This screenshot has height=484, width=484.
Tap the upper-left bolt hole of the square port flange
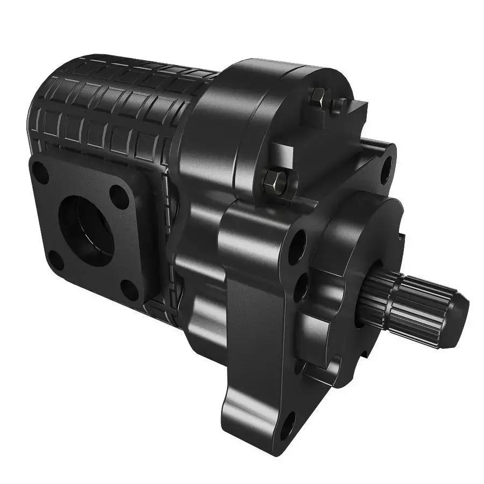(x=40, y=172)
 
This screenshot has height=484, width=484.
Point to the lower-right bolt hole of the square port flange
(x=129, y=289)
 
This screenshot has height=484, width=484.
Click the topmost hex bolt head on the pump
(x=317, y=98)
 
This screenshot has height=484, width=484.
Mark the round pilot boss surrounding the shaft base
(x=371, y=253)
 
